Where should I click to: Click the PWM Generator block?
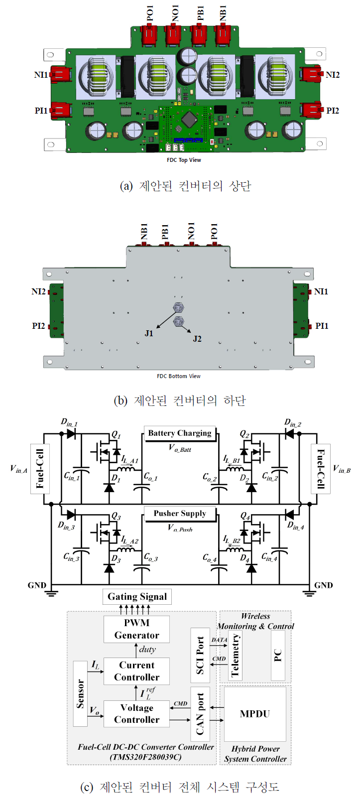(x=136, y=629)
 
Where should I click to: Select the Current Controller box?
(x=136, y=671)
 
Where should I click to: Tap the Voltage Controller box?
(x=136, y=714)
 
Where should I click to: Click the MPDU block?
(x=255, y=714)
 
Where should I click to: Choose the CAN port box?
(x=200, y=714)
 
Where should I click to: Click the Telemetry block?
(x=235, y=655)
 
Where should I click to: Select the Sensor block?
(x=80, y=693)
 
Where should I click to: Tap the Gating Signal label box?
(x=137, y=597)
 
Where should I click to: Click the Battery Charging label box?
(x=180, y=433)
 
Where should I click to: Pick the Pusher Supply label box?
(x=180, y=514)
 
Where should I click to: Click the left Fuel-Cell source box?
(x=40, y=468)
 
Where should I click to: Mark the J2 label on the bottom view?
(x=197, y=339)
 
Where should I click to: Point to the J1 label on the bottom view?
(x=149, y=333)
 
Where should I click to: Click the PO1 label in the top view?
(x=150, y=13)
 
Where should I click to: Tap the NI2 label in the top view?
(x=332, y=75)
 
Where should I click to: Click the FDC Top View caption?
(x=184, y=160)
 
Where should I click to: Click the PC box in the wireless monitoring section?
(x=278, y=655)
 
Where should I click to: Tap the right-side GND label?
(x=324, y=585)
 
